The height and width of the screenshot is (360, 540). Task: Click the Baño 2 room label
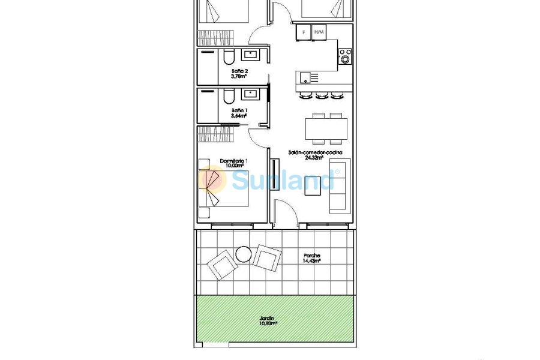tap(240, 71)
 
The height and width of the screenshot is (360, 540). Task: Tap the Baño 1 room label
tap(240, 110)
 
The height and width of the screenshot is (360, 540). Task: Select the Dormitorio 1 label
tap(234, 161)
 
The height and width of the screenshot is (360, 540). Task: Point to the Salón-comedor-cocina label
tap(315, 153)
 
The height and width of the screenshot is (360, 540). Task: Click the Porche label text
tap(311, 255)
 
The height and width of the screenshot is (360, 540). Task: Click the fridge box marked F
tap(304, 32)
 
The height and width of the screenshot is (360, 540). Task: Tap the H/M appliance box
tap(319, 32)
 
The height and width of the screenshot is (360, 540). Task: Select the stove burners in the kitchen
tap(345, 56)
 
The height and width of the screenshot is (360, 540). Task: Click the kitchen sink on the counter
tap(310, 77)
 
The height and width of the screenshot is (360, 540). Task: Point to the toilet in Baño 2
tap(228, 58)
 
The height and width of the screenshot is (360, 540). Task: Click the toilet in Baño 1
tap(228, 97)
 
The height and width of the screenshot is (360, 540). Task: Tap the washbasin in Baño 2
tap(250, 55)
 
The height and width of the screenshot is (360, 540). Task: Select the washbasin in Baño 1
tap(250, 94)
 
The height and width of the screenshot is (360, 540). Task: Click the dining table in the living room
tap(326, 128)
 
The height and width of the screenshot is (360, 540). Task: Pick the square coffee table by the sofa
tap(313, 184)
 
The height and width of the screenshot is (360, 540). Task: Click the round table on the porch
tap(244, 254)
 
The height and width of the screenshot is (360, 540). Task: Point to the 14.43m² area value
tap(311, 260)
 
